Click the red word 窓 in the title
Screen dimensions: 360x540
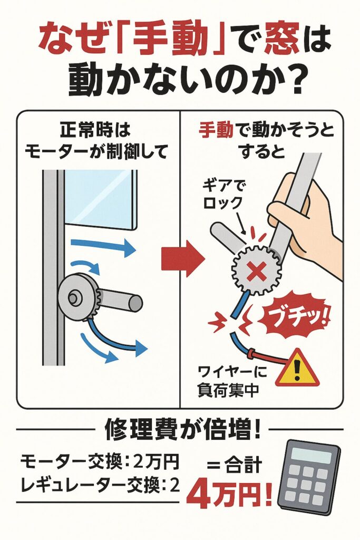[x=279, y=41]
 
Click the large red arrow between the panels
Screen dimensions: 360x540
[x=183, y=258]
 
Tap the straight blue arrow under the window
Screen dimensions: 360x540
[x=103, y=247]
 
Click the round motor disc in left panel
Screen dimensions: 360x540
[x=78, y=296]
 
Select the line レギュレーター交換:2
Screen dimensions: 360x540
[x=100, y=486]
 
